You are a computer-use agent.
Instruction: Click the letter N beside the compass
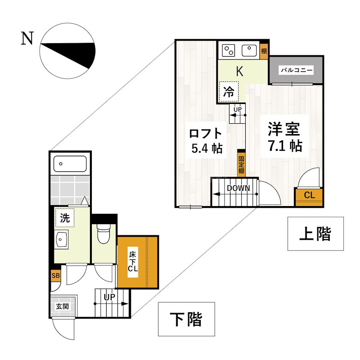27,40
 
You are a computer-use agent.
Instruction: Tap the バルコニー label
296,71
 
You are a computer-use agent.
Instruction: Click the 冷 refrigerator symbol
229,92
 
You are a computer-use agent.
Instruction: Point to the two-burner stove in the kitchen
229,50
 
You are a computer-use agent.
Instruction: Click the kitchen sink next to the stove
248,50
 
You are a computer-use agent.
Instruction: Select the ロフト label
206,133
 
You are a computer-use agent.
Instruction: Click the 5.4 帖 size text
207,148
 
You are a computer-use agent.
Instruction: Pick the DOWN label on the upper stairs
238,188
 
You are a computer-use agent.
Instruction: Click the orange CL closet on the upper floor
309,196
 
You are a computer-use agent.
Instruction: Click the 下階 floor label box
186,319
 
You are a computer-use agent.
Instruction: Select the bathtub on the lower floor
70,164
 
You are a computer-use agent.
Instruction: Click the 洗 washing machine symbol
65,218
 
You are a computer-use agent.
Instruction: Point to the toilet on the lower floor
103,234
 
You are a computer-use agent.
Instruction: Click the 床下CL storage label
133,261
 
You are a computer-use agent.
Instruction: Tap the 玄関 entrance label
62,306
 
